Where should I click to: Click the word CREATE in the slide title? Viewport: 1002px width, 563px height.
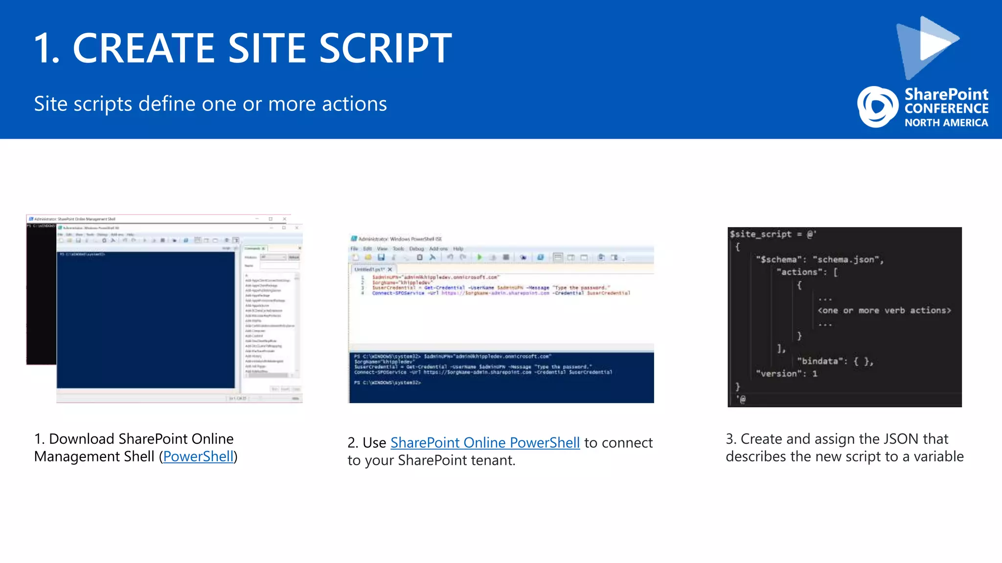click(143, 48)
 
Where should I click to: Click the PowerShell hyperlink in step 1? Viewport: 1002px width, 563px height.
click(198, 456)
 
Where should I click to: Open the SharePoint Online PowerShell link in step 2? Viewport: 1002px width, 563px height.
click(485, 443)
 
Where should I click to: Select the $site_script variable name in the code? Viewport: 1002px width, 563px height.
click(760, 234)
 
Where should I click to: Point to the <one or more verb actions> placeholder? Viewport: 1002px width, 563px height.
click(884, 310)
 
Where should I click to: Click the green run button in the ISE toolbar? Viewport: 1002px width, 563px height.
click(479, 257)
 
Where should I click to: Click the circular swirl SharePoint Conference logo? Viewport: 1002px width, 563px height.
click(877, 107)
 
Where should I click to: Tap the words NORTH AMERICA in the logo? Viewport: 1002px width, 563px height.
click(946, 123)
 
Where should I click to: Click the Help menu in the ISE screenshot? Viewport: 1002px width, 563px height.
click(458, 249)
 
